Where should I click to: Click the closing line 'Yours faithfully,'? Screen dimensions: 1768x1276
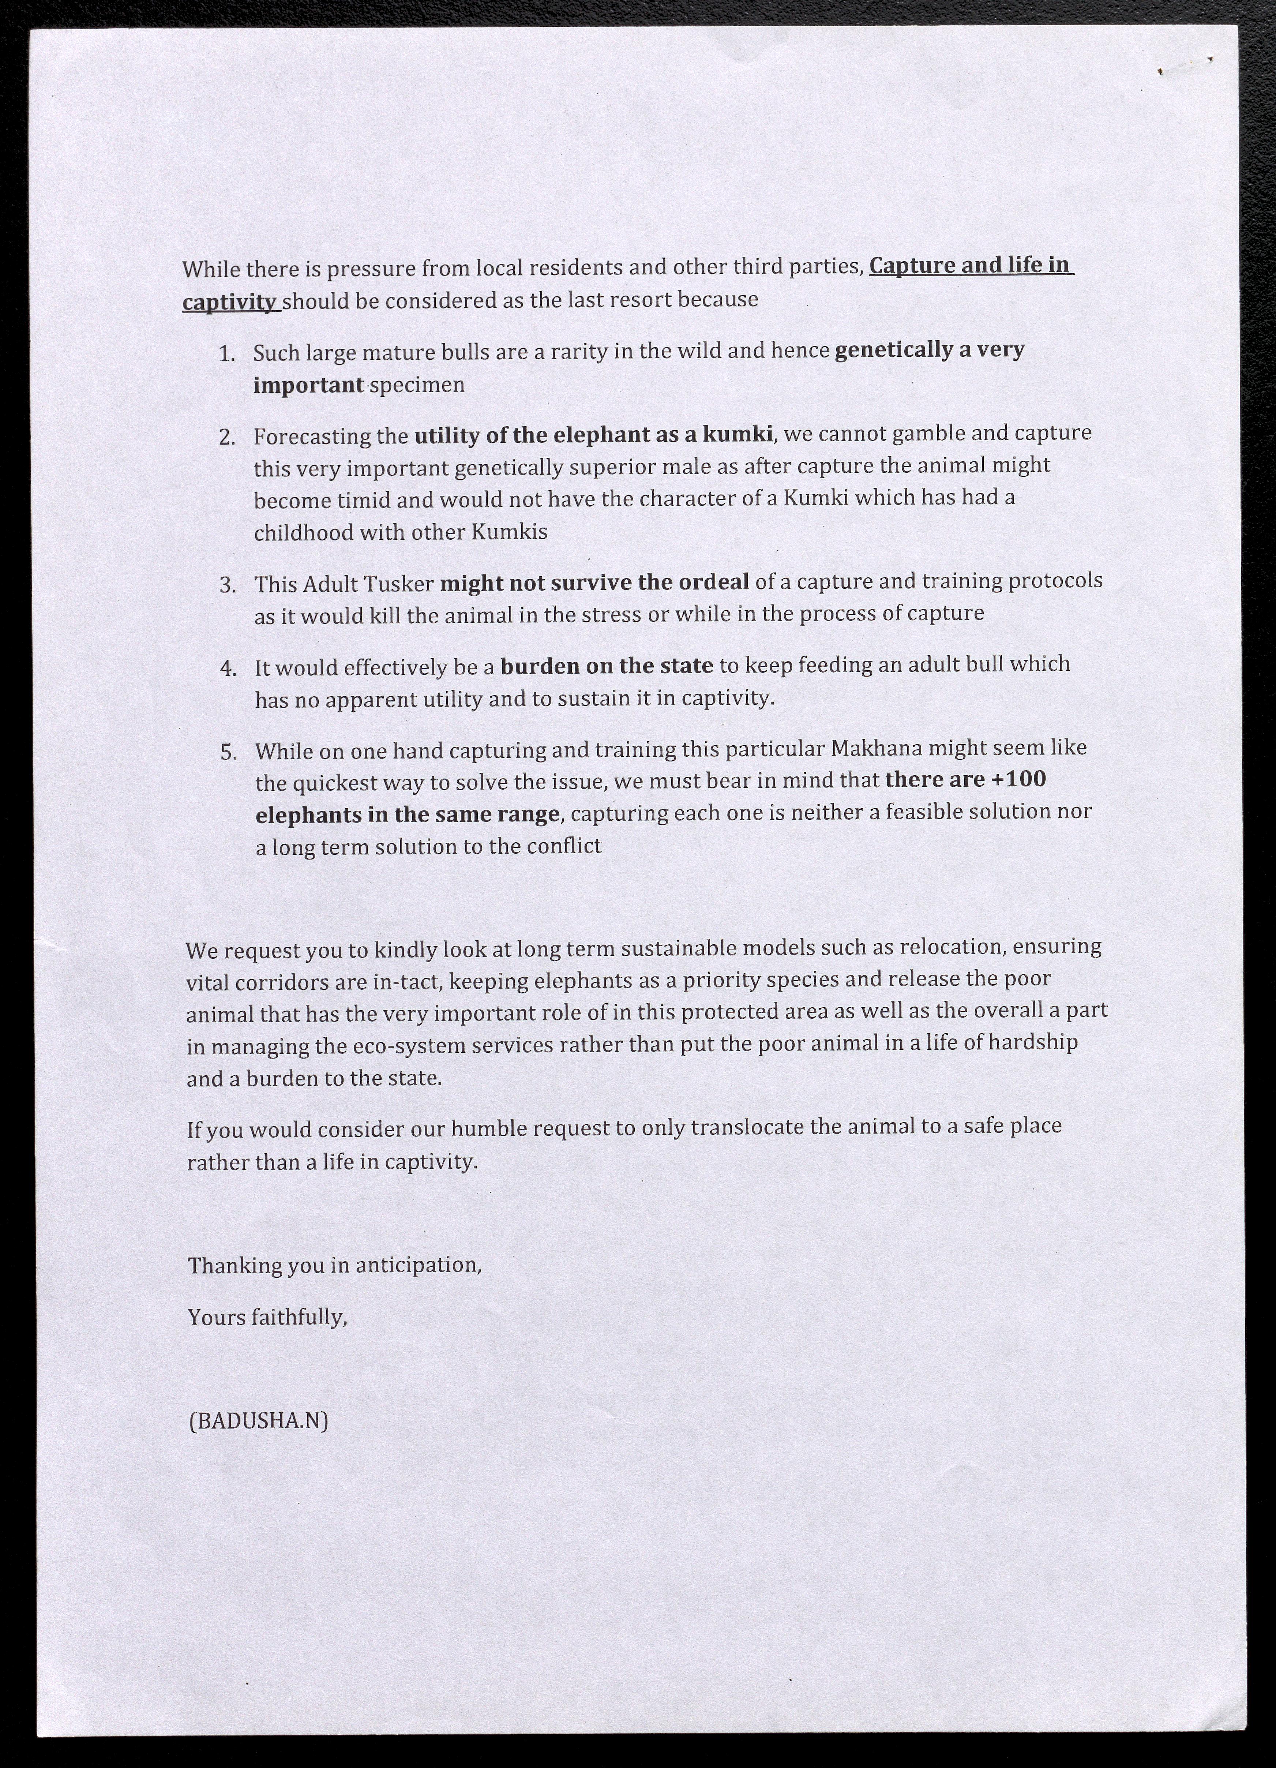click(267, 1318)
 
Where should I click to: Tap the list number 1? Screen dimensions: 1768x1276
click(227, 353)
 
